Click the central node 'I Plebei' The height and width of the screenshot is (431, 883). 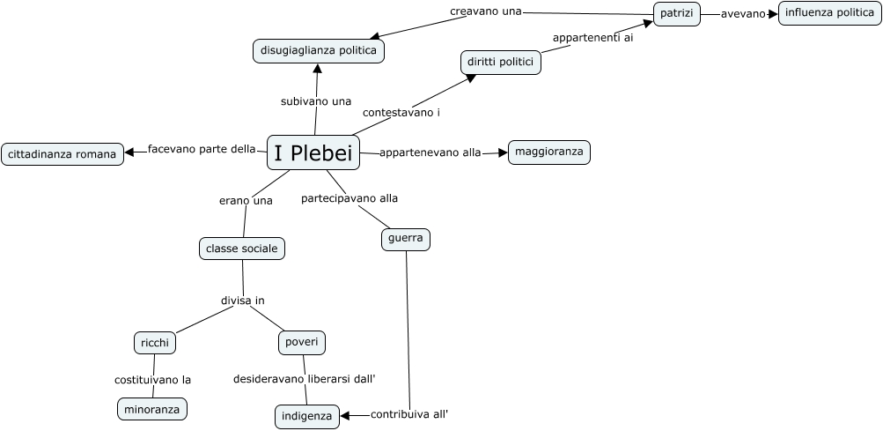pyautogui.click(x=313, y=153)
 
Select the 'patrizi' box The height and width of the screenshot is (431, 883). pyautogui.click(x=677, y=14)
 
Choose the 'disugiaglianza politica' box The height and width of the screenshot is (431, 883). pyautogui.click(x=319, y=51)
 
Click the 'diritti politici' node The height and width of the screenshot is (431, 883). pyautogui.click(x=500, y=63)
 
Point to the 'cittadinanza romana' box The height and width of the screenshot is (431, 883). pyautogui.click(x=62, y=154)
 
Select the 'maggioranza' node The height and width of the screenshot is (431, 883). pyautogui.click(x=548, y=152)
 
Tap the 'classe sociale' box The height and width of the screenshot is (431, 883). pyautogui.click(x=241, y=249)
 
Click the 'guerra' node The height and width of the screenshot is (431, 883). pyautogui.click(x=406, y=239)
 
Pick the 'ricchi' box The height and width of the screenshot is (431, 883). pyautogui.click(x=155, y=342)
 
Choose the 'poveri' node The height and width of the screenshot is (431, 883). pyautogui.click(x=302, y=342)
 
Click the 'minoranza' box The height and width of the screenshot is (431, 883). pyautogui.click(x=152, y=409)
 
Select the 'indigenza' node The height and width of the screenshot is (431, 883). pyautogui.click(x=306, y=416)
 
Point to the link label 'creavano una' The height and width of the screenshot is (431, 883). pyautogui.click(x=486, y=11)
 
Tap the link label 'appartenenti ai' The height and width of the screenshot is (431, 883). pyautogui.click(x=592, y=38)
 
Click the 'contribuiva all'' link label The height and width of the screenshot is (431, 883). pyautogui.click(x=409, y=414)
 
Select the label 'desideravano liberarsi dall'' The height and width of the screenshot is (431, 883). pyautogui.click(x=304, y=379)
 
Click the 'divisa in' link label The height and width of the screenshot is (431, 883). pyautogui.click(x=242, y=301)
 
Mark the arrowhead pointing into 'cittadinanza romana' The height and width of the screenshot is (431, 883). pyautogui.click(x=129, y=152)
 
